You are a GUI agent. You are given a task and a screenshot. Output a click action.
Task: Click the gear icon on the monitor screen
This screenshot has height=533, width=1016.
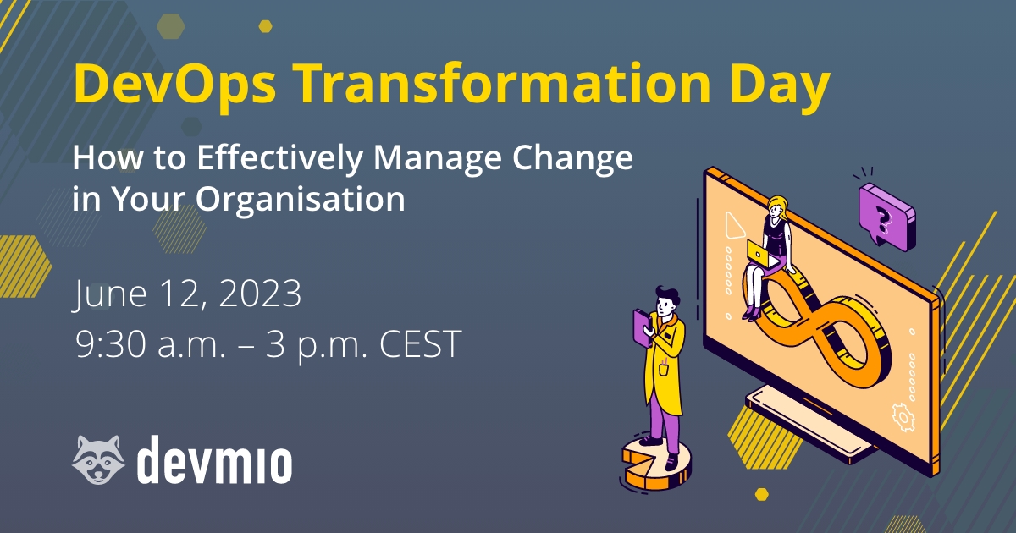coord(903,417)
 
